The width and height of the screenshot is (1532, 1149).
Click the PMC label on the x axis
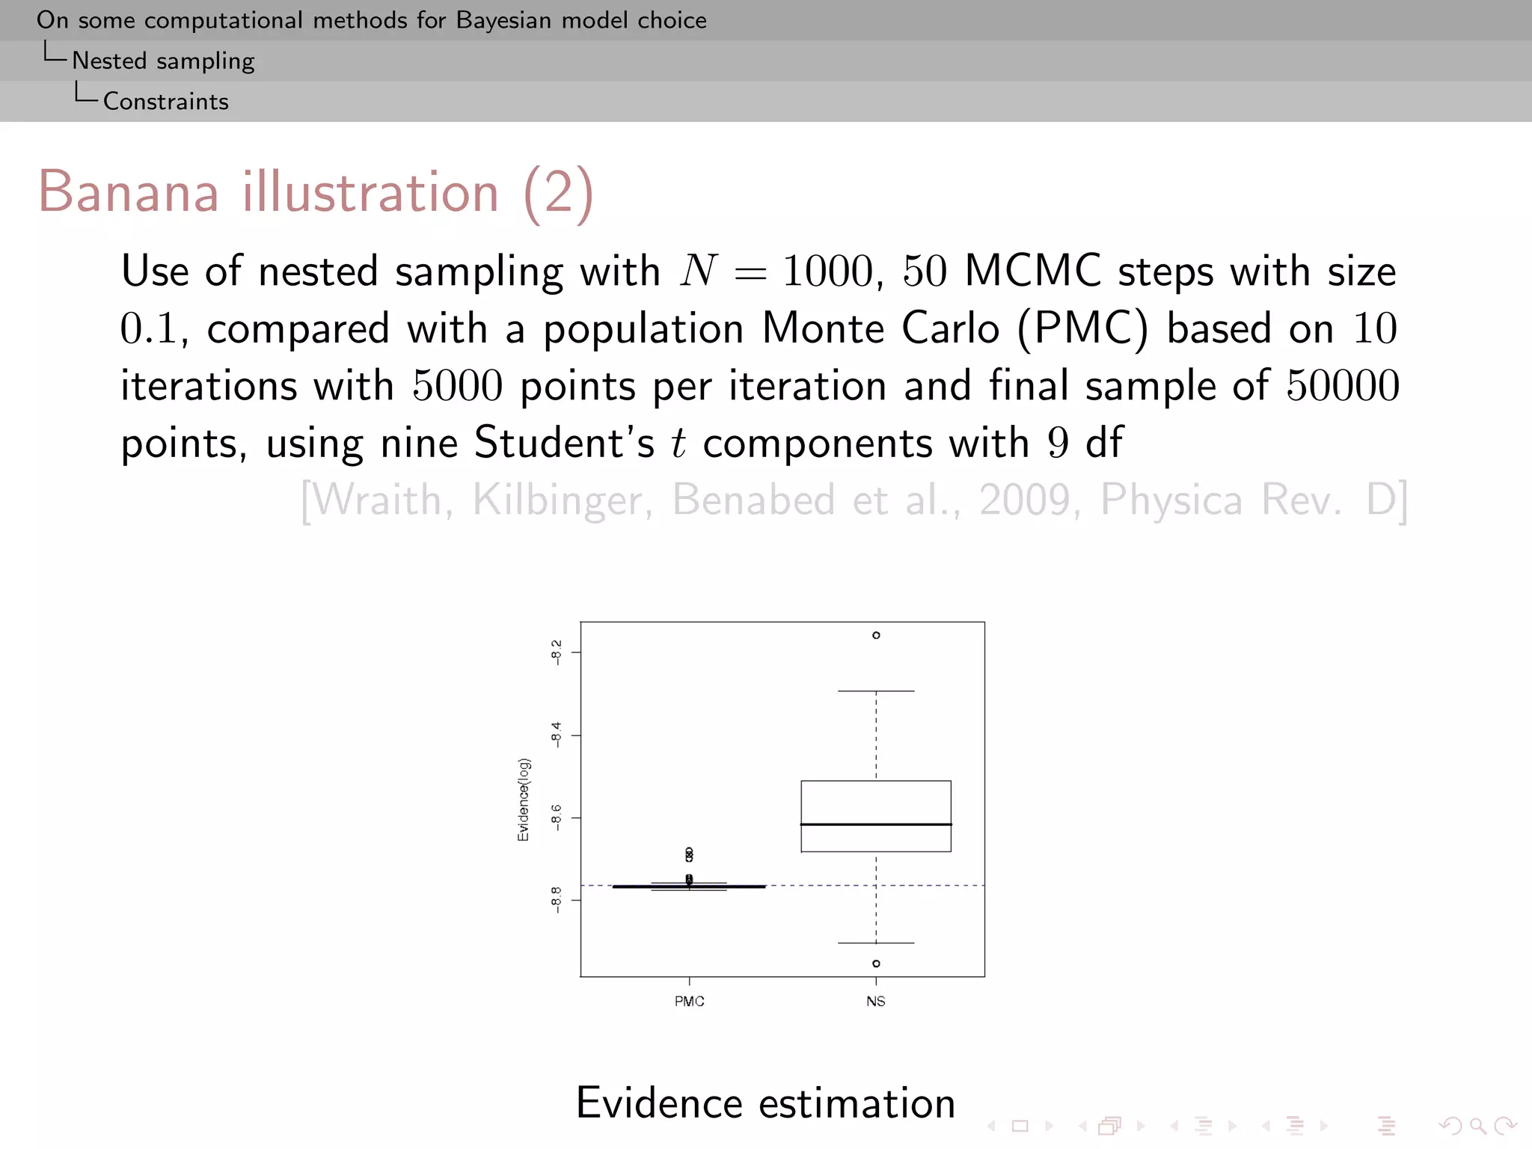689,1002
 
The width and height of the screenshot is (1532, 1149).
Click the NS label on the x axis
876,1002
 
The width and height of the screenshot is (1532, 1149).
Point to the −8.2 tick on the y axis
556,651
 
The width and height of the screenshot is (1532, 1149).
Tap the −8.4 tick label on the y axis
556,734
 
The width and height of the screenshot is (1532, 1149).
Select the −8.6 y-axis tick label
556,817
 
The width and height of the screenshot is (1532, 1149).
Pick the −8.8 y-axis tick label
556,899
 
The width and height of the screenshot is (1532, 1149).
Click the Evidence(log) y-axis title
524,800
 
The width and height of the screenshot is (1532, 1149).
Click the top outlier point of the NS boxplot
876,635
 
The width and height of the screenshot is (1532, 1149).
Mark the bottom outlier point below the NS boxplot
876,963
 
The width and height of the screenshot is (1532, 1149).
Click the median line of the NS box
876,824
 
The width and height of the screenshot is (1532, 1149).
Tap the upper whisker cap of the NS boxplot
876,691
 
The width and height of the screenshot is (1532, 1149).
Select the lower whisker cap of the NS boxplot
876,943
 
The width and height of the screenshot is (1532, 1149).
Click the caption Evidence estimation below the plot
765,1103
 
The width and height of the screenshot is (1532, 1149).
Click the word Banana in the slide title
129,192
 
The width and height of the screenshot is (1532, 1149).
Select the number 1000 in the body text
827,271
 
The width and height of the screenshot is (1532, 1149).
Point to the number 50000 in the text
1343,386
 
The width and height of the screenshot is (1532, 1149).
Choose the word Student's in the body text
565,442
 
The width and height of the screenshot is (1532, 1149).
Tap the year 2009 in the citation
1025,500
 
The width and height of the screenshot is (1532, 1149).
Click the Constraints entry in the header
166,101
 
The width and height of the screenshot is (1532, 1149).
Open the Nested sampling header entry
163,61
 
